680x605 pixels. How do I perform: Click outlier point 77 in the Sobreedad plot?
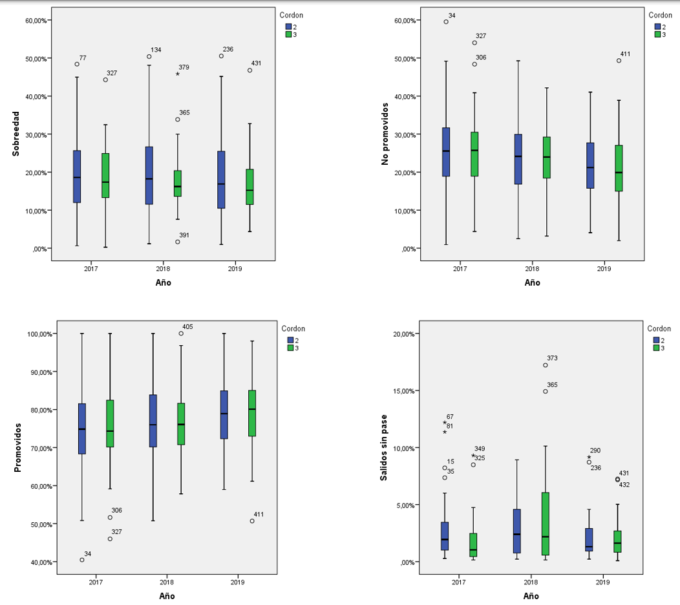(x=77, y=64)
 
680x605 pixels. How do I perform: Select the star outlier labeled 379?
(x=178, y=74)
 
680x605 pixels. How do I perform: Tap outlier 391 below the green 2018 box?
(x=178, y=242)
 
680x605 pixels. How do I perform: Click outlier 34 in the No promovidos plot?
(x=446, y=22)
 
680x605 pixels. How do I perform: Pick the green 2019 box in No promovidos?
(x=619, y=168)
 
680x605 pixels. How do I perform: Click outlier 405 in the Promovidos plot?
(x=181, y=334)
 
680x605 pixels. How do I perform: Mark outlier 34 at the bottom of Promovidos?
(x=82, y=560)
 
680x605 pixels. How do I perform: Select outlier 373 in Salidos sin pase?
(x=546, y=365)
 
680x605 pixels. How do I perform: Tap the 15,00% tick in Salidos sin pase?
(x=406, y=391)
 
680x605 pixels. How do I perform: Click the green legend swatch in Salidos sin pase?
(x=657, y=348)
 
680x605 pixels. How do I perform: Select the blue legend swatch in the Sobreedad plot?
(x=288, y=27)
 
